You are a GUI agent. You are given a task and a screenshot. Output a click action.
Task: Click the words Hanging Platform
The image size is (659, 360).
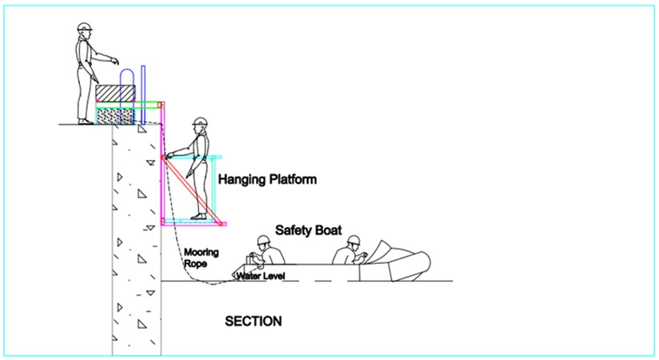(x=267, y=179)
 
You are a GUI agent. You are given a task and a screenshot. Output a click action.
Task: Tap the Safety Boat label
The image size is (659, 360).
(x=309, y=230)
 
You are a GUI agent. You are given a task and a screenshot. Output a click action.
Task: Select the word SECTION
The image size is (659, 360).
(x=253, y=322)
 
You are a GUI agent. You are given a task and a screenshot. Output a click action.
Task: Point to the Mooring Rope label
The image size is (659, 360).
(x=202, y=258)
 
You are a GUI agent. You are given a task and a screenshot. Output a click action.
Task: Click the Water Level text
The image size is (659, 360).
(x=261, y=276)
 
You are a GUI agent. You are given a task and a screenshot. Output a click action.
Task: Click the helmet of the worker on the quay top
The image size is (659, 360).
(x=85, y=27)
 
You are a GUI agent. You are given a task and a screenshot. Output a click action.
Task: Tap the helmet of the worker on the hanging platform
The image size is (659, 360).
(x=201, y=122)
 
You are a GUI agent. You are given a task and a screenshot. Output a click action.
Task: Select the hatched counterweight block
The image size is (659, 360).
(x=116, y=93)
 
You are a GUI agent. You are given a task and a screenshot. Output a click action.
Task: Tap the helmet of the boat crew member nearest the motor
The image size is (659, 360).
(x=353, y=241)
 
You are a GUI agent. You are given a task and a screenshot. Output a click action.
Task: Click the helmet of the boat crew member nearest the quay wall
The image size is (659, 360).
(x=263, y=241)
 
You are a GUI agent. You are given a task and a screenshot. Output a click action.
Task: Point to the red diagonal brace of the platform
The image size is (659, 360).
(x=192, y=190)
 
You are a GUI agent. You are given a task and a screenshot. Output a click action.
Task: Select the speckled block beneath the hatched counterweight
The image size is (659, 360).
(x=116, y=116)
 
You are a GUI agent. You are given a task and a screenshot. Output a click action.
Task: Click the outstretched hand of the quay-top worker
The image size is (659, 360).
(x=114, y=61)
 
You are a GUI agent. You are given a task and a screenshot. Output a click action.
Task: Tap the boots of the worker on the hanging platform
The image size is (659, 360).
(x=199, y=217)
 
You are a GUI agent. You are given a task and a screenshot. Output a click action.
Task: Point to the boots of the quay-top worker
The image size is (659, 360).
(x=86, y=122)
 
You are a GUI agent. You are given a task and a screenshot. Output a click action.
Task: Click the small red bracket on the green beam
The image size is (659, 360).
(x=159, y=105)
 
